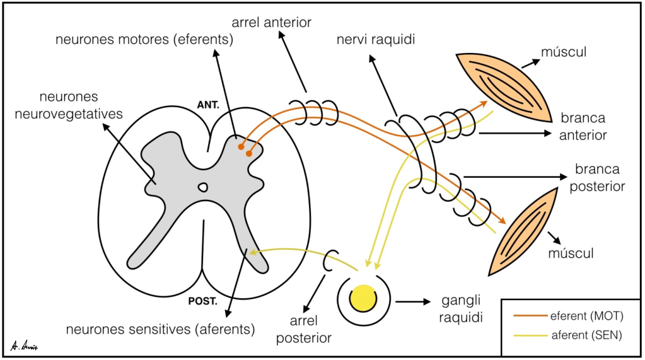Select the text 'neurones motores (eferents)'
144,40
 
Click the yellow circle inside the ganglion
363,297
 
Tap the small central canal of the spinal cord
202,187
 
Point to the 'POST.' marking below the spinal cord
203,301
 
